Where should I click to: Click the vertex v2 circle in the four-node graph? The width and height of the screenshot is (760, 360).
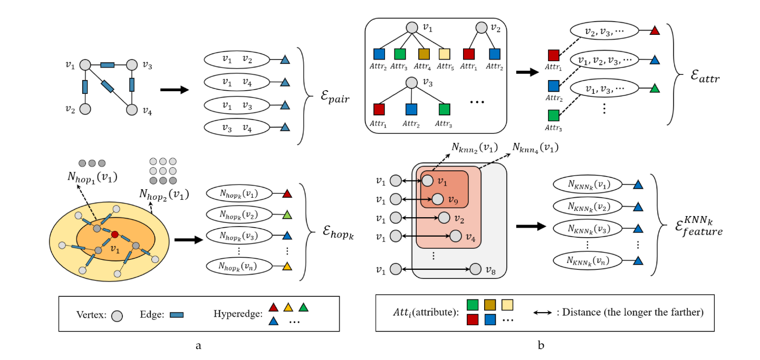85,109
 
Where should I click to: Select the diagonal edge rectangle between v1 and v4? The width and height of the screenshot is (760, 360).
108,86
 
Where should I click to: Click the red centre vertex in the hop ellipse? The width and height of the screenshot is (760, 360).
114,234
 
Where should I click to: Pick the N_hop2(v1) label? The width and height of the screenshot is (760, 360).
164,193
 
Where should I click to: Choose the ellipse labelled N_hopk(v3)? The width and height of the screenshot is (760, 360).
239,236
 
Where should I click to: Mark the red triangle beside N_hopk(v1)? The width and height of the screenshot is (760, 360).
287,194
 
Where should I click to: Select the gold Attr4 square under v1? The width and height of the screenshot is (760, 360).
424,53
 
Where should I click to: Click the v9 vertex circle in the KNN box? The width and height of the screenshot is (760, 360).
437,199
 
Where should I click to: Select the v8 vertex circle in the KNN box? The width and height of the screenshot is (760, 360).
475,269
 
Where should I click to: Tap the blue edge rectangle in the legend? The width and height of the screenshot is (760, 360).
177,315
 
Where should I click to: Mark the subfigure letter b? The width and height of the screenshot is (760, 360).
541,346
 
